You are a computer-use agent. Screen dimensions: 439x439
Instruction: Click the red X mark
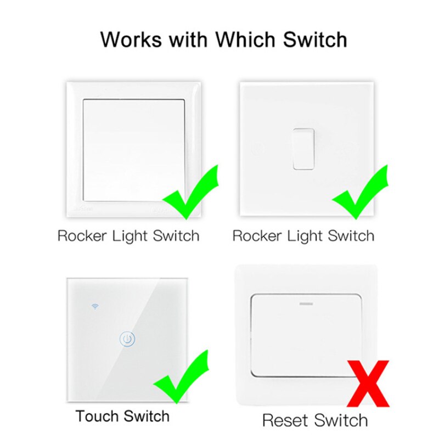coord(368,383)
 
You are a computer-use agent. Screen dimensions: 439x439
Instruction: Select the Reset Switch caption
coord(314,420)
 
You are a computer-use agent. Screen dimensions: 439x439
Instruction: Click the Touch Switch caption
coord(122,416)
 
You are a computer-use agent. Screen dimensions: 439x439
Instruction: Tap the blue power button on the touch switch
coord(127,339)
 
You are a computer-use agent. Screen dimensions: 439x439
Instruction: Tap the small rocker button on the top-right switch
coord(303,148)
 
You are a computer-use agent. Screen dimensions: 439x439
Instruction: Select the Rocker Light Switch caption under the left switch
coord(128,237)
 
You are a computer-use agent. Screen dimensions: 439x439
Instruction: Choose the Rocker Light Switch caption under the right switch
coord(303,237)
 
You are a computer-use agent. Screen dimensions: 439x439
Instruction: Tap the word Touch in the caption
coord(97,416)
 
